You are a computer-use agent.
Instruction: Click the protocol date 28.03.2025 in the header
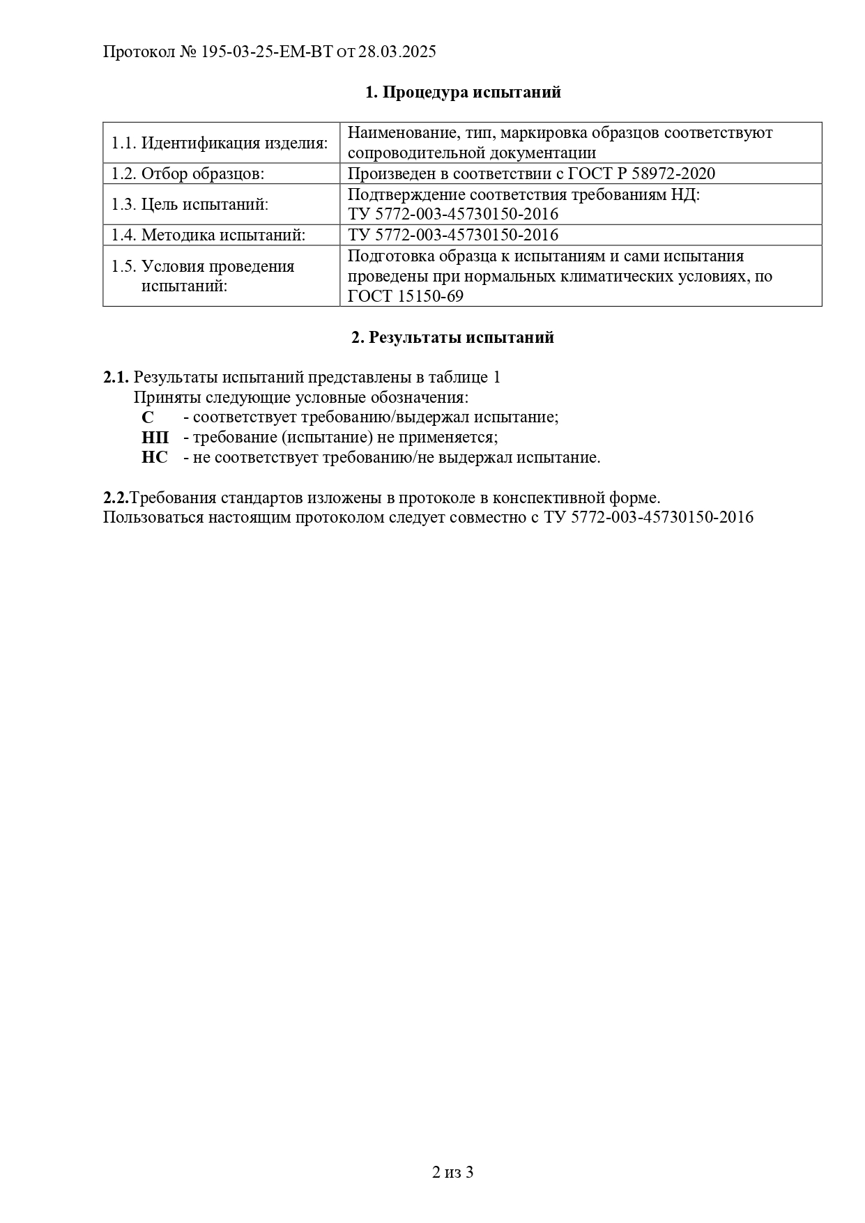[x=397, y=52]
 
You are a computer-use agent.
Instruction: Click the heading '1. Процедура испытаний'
[x=463, y=93]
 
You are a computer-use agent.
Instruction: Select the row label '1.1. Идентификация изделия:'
[x=220, y=144]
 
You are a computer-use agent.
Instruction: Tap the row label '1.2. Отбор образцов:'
[x=187, y=174]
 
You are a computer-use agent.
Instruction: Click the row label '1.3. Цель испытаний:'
[x=190, y=205]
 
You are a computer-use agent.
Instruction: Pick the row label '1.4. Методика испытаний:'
[x=208, y=236]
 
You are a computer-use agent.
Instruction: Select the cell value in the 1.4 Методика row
[x=452, y=236]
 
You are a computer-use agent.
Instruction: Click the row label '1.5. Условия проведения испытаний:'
[x=203, y=276]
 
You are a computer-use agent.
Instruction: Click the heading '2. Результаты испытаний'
[x=452, y=338]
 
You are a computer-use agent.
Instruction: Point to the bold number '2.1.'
[x=116, y=378]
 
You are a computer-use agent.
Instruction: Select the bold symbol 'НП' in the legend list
[x=155, y=438]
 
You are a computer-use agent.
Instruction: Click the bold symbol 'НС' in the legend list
[x=155, y=458]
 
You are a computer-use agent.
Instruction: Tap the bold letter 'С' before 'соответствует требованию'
[x=147, y=417]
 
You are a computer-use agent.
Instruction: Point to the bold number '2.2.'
[x=116, y=498]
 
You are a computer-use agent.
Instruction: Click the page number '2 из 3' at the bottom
[x=452, y=1172]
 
